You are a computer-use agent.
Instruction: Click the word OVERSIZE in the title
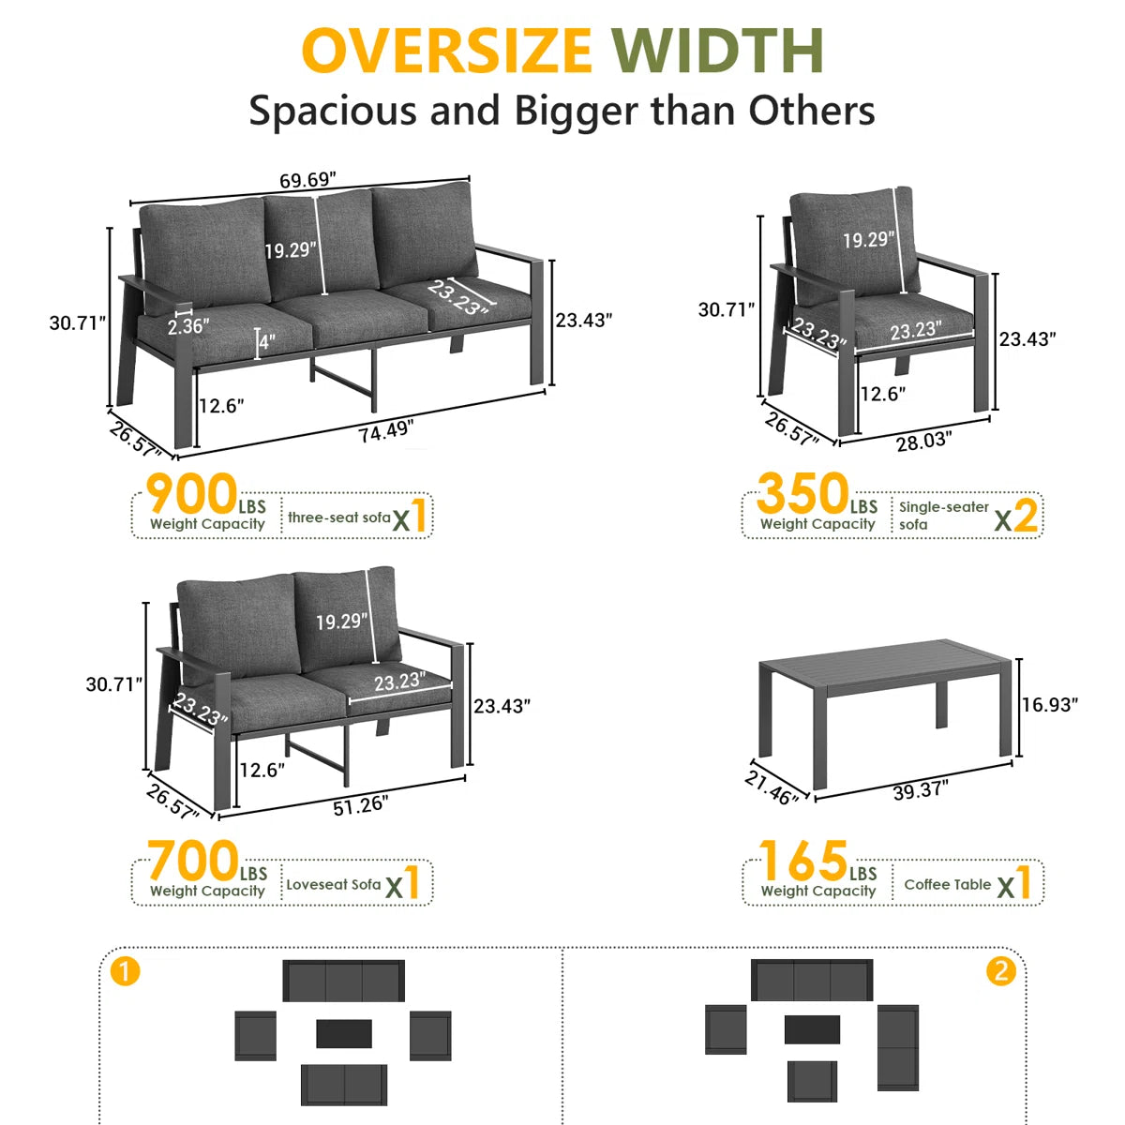[446, 51]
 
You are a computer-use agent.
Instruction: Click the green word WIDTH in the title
[718, 51]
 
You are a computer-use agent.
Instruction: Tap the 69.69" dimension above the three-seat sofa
[307, 180]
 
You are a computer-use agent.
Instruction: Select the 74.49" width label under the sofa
[386, 431]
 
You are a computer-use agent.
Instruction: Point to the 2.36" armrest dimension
[188, 325]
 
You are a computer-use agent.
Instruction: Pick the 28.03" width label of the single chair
[924, 442]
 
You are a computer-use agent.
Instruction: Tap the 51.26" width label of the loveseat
[360, 806]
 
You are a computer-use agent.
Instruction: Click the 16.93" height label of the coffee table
[1049, 705]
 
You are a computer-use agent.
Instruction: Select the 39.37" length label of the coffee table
[921, 791]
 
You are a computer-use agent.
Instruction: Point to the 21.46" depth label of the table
[772, 787]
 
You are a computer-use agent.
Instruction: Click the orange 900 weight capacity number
[191, 494]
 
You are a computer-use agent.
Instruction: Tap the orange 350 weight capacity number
[802, 494]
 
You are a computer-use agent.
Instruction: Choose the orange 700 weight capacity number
[193, 861]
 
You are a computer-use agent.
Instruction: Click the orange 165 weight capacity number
[803, 861]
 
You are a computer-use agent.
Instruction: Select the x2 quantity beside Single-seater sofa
[1016, 516]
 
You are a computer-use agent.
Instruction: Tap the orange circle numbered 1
[125, 972]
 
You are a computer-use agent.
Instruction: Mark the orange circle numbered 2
[1000, 971]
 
